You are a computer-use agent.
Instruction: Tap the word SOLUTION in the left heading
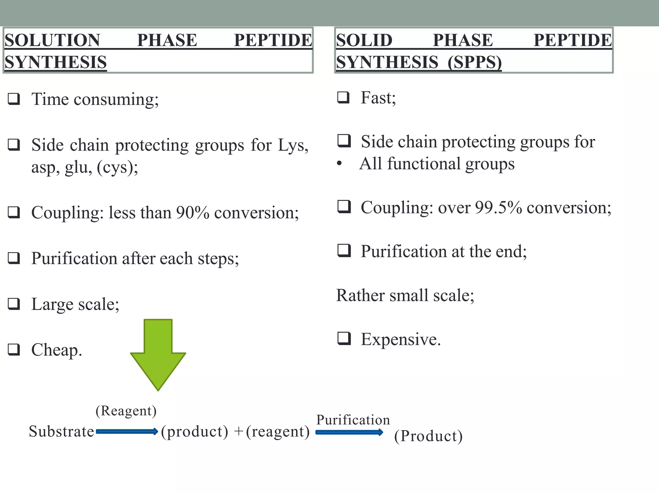tap(52, 41)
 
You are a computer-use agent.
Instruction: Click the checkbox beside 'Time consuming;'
tap(14, 99)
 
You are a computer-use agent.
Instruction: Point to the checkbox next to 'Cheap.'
tap(14, 350)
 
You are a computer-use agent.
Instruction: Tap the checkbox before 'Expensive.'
tap(344, 338)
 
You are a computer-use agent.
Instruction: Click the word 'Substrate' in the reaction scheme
tap(61, 431)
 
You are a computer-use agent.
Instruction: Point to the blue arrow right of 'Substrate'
tap(127, 432)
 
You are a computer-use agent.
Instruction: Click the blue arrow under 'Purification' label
tap(349, 433)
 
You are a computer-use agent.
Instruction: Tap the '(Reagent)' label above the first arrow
tap(126, 411)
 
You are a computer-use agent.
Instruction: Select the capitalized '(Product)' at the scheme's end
tap(428, 436)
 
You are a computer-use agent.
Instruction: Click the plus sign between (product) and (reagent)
tap(238, 432)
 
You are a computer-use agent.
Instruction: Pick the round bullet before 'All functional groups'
tap(339, 164)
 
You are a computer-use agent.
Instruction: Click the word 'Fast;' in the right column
tap(378, 98)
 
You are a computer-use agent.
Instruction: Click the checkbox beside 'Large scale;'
tap(14, 304)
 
